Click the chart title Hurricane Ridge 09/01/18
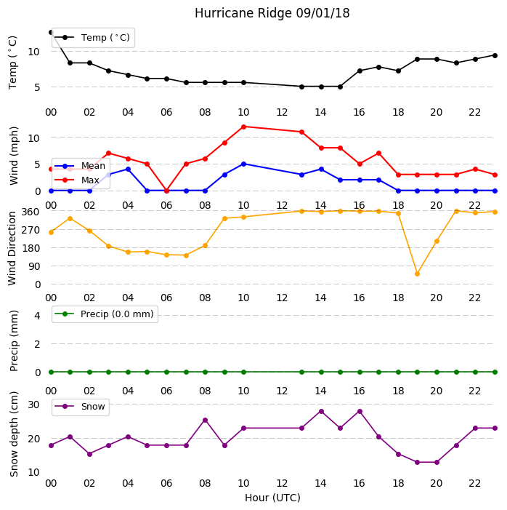coord(272,13)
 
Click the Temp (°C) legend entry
coord(92,38)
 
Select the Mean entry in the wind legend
coord(80,166)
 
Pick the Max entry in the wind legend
coord(77,180)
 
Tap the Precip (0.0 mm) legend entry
coord(105,314)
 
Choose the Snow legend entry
coord(80,407)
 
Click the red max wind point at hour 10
coord(243,127)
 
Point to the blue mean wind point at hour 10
coord(243,164)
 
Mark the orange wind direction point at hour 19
coord(418,274)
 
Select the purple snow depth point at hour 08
coord(206,421)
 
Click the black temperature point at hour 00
coord(51,32)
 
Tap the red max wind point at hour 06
coord(166,191)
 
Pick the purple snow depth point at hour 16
coord(360,412)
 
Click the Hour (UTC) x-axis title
coord(272,498)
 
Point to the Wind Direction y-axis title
coord(12,249)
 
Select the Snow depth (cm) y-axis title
coord(14,434)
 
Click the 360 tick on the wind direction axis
coord(31,212)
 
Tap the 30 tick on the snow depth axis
coord(34,405)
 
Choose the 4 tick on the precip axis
coord(37,316)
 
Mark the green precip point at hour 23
coord(495,372)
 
